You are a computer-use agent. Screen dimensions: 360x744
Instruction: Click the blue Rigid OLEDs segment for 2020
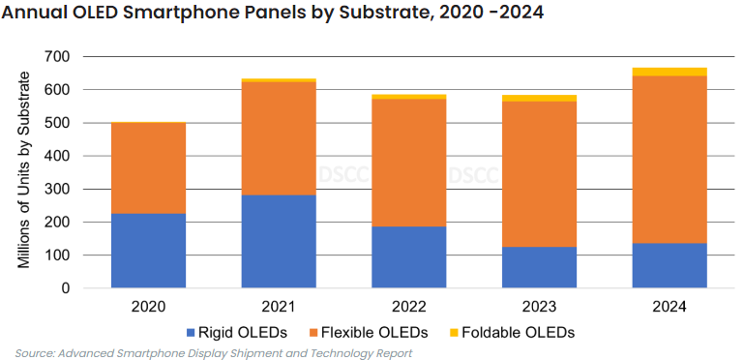tap(148, 251)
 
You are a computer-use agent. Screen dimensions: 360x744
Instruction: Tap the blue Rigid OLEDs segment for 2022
tap(408, 256)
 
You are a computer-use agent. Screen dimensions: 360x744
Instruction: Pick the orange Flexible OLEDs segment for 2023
tap(539, 174)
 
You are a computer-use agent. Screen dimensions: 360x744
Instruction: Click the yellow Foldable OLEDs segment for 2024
tap(670, 72)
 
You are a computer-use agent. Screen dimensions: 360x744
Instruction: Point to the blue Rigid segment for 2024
tap(670, 265)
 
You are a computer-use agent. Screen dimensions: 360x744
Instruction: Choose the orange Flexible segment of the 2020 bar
tap(148, 168)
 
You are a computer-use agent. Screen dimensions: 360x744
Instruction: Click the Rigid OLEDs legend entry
tap(241, 332)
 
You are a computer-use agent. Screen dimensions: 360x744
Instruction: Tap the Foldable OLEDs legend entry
tap(519, 332)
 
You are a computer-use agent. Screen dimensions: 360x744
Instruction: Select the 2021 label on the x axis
tap(279, 307)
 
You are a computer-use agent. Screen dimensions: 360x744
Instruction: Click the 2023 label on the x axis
tap(539, 307)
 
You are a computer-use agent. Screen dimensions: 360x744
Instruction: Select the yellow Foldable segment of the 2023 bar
tap(539, 98)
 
